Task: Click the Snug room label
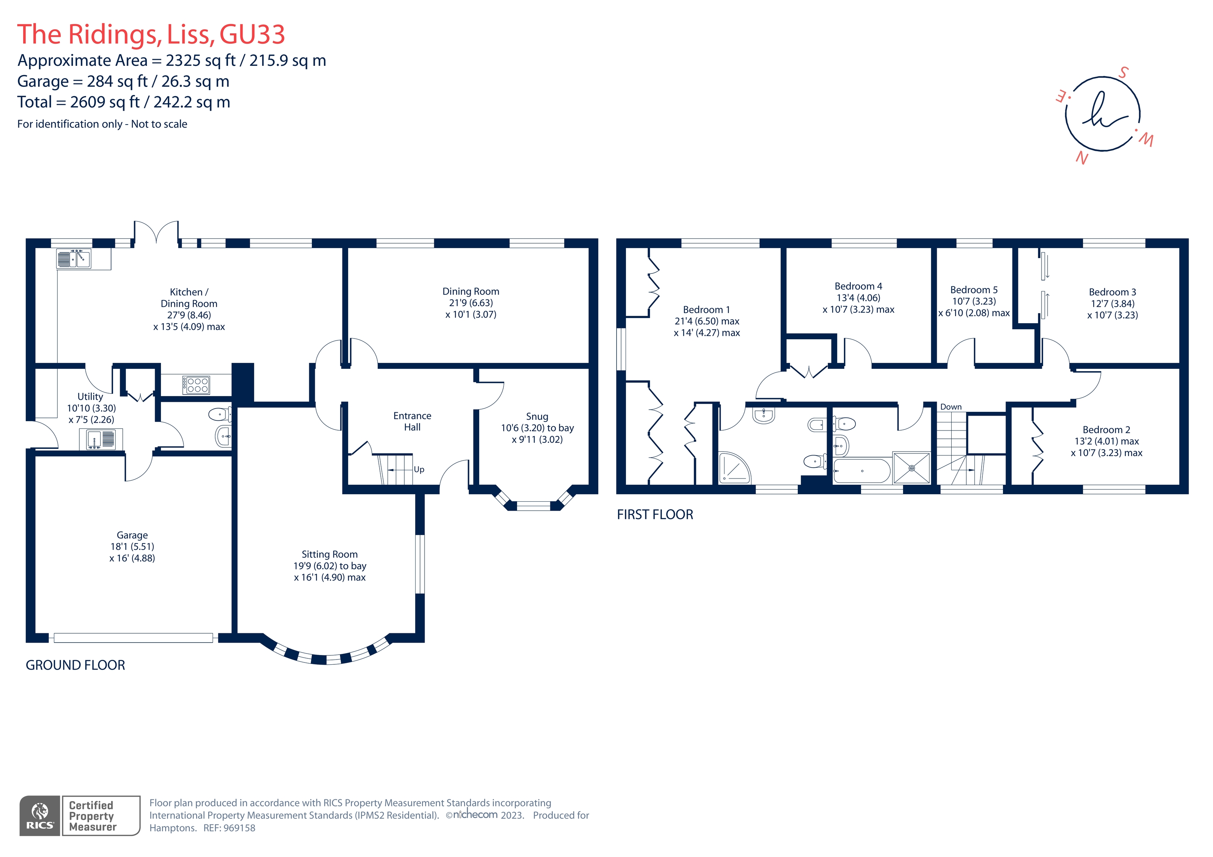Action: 537,417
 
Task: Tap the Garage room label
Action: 132,535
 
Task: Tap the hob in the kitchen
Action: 197,385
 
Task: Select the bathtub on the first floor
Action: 862,471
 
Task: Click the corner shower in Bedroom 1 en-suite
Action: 734,468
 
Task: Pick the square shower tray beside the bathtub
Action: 911,468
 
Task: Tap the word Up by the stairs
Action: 419,469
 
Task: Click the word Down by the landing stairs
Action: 951,407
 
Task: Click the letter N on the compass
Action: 1082,158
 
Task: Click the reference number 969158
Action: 239,828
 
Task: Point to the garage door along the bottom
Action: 133,638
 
